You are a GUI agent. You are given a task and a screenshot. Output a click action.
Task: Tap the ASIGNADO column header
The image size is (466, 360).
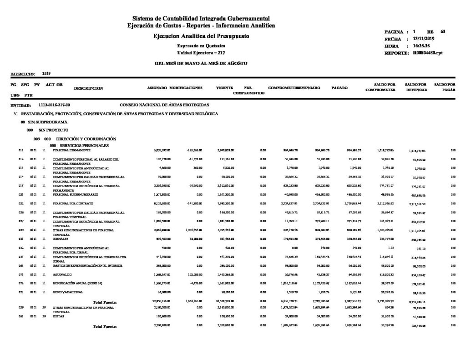[x=157, y=87]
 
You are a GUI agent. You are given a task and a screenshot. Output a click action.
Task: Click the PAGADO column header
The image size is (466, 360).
[x=339, y=87]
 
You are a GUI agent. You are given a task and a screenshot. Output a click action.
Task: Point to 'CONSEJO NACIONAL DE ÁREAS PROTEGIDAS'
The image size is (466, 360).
[x=164, y=105]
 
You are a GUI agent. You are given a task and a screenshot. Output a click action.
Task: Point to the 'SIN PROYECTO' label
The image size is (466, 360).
[x=52, y=130]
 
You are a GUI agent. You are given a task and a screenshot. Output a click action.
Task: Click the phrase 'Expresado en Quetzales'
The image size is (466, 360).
[x=201, y=47]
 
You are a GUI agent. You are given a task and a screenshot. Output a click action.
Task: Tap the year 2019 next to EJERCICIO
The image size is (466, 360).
[x=46, y=73]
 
